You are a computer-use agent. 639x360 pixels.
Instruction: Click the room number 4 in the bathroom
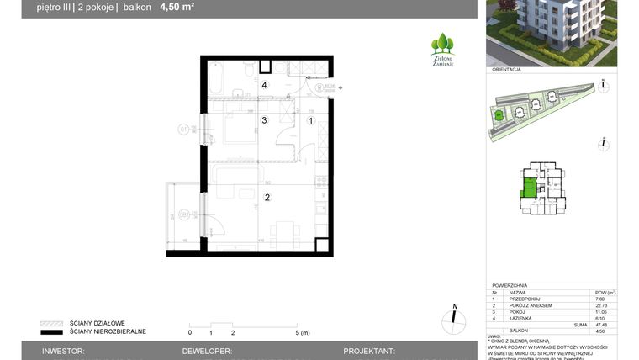tap(264, 85)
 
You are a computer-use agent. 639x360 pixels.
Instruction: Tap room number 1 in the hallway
tap(311, 121)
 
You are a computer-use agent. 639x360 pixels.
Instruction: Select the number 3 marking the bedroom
tap(264, 121)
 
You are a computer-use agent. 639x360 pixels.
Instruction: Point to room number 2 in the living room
tap(267, 198)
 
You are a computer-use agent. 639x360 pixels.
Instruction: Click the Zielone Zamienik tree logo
tap(442, 48)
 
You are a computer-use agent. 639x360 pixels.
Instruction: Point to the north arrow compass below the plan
tap(454, 317)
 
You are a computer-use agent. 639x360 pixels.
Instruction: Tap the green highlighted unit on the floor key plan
tap(529, 187)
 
